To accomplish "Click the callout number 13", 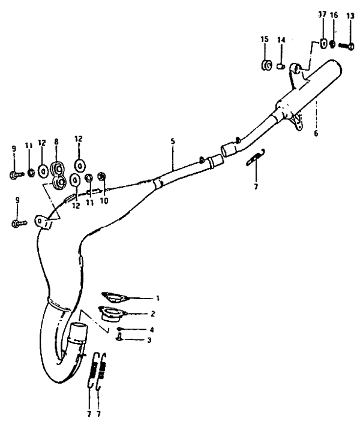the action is (x=350, y=16).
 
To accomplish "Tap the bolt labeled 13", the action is (x=346, y=46).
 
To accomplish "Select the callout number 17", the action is (x=322, y=14).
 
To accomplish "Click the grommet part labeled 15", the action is (x=265, y=65).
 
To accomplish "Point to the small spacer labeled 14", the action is (x=281, y=67).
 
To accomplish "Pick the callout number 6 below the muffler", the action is (x=316, y=134).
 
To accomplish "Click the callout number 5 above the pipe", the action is (x=173, y=141).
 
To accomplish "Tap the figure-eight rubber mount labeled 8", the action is (x=58, y=175).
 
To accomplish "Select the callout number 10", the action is (x=104, y=201).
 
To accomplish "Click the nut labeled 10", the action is (x=101, y=176).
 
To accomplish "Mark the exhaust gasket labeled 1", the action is (x=115, y=297).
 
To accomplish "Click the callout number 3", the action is (x=149, y=340).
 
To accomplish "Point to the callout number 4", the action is (x=152, y=330).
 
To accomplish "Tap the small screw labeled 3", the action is (x=119, y=337).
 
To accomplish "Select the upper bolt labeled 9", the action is (x=17, y=174).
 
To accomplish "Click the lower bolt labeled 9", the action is (x=20, y=223).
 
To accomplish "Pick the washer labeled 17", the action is (x=323, y=44).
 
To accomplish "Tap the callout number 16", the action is (x=334, y=15).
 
